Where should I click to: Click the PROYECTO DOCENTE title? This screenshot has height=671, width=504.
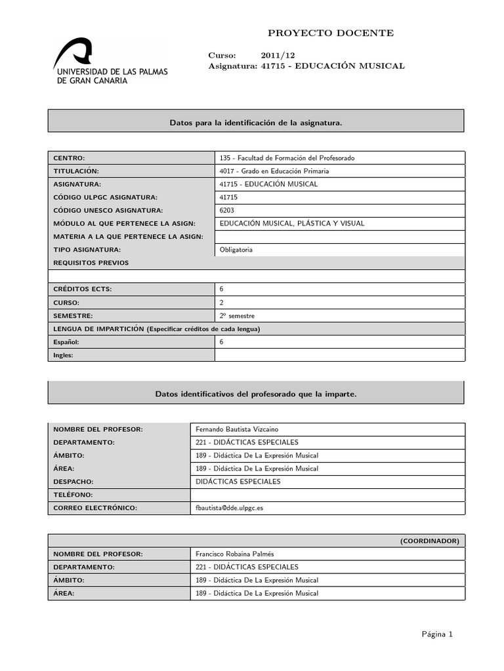(331, 33)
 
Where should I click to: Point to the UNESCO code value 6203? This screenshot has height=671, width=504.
(226, 210)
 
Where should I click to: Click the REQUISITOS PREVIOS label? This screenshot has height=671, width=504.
(91, 263)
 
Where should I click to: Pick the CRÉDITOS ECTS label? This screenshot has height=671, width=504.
(83, 289)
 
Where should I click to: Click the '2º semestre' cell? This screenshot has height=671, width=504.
(237, 315)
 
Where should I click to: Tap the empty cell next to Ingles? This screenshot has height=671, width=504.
(339, 355)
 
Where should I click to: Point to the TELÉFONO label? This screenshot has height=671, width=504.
(73, 495)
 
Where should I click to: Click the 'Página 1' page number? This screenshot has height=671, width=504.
(437, 634)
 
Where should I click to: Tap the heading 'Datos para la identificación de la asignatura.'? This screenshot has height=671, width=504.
(256, 123)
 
